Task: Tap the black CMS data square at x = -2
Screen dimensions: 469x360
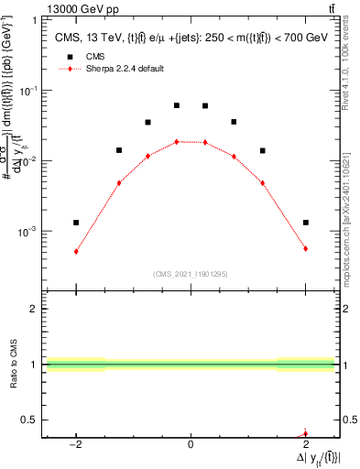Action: point(76,223)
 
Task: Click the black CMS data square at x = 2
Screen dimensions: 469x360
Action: point(305,223)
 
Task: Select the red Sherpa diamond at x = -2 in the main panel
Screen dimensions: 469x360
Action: point(76,251)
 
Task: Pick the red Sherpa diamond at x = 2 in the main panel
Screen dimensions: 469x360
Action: point(305,248)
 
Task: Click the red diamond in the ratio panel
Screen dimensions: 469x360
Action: point(305,434)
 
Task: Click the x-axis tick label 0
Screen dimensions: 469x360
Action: point(191,445)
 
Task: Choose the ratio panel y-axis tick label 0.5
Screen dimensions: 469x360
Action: point(31,420)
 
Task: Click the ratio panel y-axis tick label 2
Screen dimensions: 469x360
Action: point(35,310)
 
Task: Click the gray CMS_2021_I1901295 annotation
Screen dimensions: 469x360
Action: point(191,274)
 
